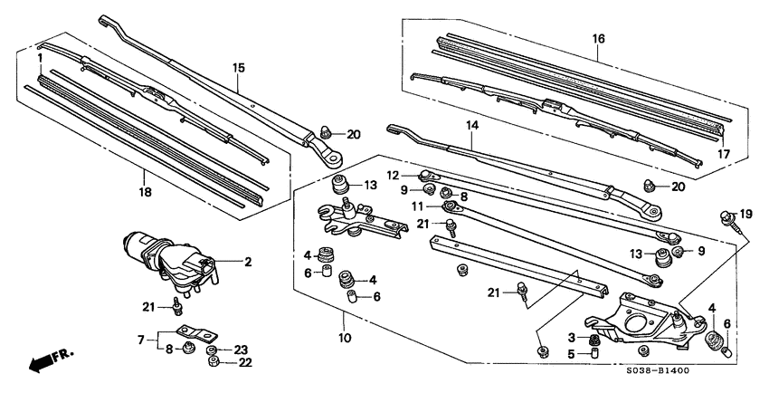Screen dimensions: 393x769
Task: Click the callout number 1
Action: click(x=40, y=58)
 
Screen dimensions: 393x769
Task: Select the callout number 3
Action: click(x=572, y=338)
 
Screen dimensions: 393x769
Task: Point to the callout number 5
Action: click(x=572, y=355)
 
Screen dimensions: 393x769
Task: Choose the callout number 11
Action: click(x=418, y=206)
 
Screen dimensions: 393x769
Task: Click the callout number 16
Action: click(x=598, y=39)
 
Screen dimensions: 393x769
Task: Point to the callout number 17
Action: click(x=724, y=154)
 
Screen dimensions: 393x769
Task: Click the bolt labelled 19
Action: click(x=727, y=217)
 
